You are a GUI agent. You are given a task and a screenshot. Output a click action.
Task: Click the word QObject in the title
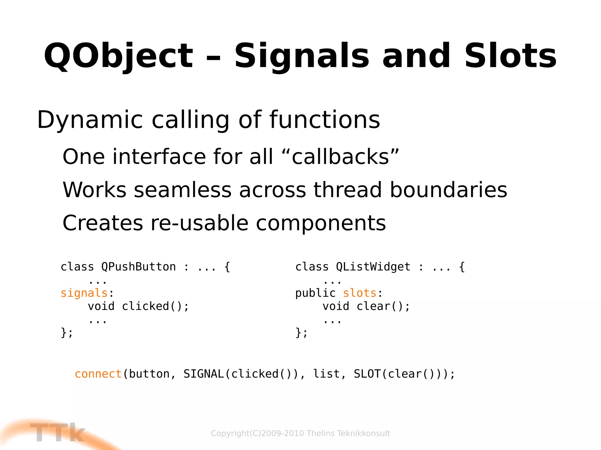tap(118, 56)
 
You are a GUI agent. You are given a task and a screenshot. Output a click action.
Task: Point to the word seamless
tap(183, 190)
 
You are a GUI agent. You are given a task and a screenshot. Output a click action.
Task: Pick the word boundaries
tap(448, 190)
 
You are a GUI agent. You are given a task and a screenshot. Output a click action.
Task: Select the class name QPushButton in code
tap(139, 267)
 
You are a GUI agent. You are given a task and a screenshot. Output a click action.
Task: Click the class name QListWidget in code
tap(373, 267)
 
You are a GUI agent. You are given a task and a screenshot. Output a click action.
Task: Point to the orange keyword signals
tap(84, 293)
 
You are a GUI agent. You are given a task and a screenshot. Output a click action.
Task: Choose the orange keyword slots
tap(359, 293)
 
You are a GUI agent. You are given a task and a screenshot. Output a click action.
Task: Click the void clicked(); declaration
tap(139, 306)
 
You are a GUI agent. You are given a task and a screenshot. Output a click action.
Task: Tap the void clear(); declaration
tap(366, 306)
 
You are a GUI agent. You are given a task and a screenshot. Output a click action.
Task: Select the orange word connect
tap(98, 374)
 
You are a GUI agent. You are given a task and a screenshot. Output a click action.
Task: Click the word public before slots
tap(315, 293)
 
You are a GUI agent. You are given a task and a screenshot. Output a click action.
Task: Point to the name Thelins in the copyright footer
tap(321, 433)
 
